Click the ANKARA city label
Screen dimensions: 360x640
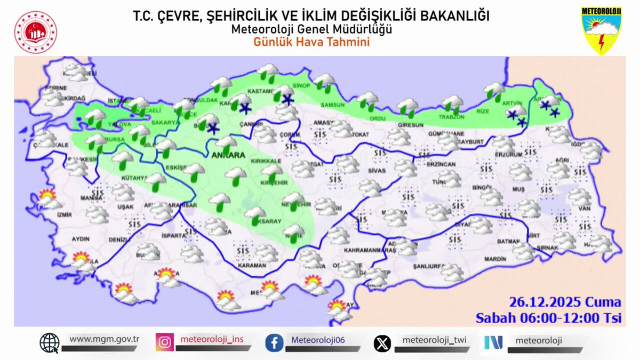228,156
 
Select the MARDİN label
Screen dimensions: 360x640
494,259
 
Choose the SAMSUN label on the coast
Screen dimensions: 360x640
333,105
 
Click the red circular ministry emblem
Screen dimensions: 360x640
36,31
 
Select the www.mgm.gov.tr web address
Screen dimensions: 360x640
105,339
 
